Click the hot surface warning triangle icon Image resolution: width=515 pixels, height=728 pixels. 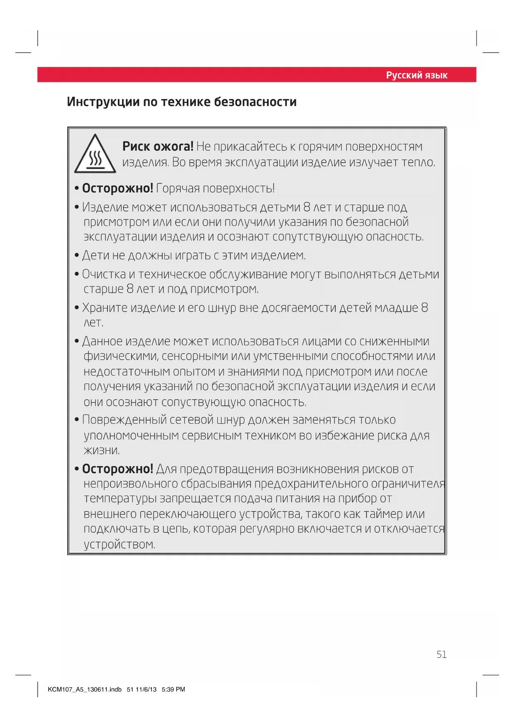(95, 154)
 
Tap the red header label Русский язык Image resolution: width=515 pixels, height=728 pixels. (416, 75)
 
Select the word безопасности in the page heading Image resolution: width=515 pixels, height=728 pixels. (255, 102)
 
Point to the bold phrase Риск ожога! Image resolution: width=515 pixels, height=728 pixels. (158, 147)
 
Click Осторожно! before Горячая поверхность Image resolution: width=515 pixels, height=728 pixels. (117, 188)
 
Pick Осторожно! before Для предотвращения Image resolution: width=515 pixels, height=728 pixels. (117, 469)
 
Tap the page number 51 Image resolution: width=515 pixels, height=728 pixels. (441, 655)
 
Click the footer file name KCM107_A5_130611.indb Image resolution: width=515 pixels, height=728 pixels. (85, 689)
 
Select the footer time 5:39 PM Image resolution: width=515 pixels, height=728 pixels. (173, 689)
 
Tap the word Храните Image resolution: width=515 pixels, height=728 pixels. (105, 308)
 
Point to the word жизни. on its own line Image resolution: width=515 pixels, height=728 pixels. (102, 450)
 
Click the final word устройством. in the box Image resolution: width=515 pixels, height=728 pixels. (120, 545)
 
